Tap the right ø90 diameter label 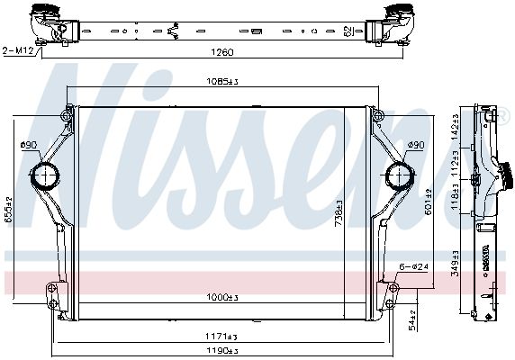coord(415,145)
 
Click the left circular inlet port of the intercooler coord(45,174)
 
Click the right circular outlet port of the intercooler coord(397,174)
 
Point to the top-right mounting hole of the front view coord(377,113)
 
